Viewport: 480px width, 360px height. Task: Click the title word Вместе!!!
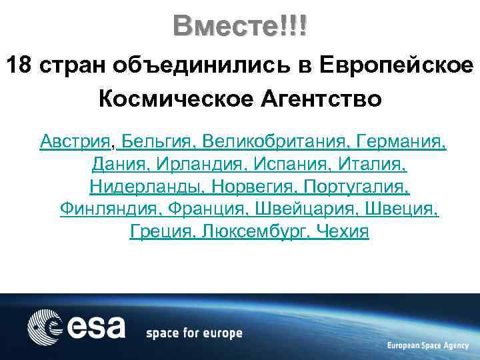(240, 26)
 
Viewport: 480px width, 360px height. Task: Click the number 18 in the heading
(19, 66)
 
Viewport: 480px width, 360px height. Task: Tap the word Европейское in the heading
(397, 66)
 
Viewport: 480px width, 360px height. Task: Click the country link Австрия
(75, 141)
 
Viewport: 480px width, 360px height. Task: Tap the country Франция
(209, 209)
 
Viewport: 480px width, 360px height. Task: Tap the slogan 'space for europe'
(194, 333)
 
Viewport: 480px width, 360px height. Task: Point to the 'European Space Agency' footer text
(427, 345)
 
